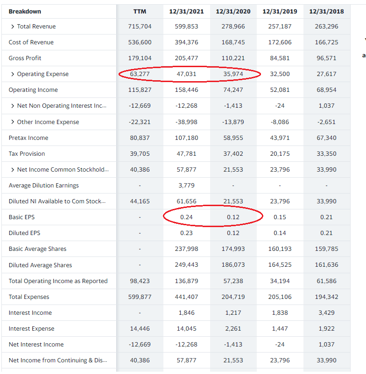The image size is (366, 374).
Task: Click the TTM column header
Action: (140, 11)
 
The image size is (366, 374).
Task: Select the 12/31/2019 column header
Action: (280, 11)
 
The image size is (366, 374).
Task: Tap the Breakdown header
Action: (25, 11)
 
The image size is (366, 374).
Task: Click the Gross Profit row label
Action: (25, 58)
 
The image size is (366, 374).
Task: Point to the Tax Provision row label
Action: (27, 154)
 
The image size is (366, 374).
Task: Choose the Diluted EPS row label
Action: (24, 233)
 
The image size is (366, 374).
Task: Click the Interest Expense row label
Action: (31, 329)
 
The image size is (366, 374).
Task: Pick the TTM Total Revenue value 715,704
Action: (140, 27)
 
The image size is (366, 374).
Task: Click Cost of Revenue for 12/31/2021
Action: (186, 42)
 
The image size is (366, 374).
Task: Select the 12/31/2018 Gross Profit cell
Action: (326, 58)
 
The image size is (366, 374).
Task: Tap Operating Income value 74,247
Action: (233, 90)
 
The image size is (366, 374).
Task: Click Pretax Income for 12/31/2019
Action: (280, 138)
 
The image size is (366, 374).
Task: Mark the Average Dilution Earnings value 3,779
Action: (186, 186)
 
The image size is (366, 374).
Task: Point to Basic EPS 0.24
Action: (186, 217)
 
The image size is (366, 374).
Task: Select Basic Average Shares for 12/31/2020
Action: (233, 249)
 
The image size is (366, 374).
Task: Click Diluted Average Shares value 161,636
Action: (326, 265)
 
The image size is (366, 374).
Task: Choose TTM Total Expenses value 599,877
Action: (140, 297)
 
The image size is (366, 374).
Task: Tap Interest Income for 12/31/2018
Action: (326, 313)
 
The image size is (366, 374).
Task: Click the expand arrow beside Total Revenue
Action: (12, 27)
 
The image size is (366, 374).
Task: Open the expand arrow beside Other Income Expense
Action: (12, 122)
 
